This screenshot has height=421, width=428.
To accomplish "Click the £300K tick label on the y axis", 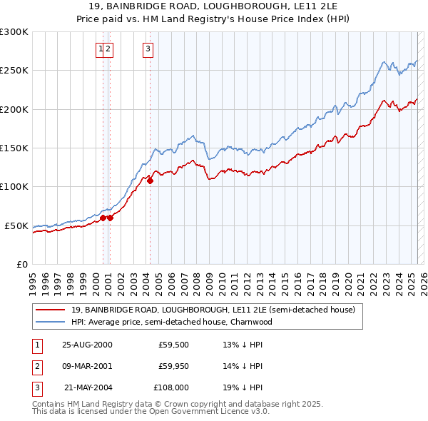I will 14,32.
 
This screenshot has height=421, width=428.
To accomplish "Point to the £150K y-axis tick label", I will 14,148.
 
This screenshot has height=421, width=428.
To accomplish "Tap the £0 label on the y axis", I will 21,264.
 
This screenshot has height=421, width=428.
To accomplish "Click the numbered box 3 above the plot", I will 147,49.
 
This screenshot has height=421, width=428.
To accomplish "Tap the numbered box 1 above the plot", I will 101,49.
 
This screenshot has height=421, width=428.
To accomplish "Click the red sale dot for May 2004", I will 150,181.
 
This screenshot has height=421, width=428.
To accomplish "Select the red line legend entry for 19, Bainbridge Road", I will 208,310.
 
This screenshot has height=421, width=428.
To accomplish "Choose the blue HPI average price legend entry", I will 171,322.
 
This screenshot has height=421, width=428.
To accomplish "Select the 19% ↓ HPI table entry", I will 243,388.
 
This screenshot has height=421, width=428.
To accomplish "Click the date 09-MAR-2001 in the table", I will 88,366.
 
